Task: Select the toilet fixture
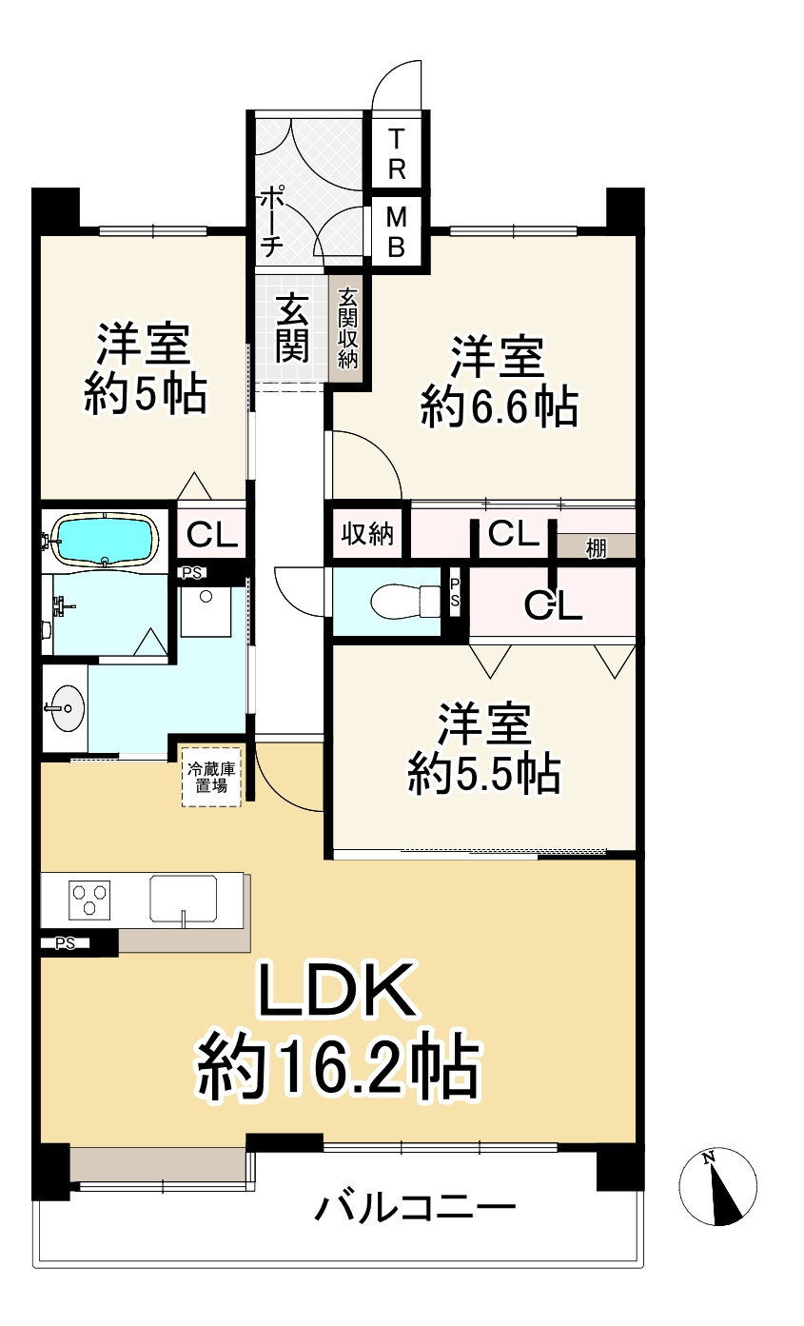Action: coord(399,601)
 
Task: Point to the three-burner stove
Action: coord(88,898)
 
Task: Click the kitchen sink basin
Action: coord(183,898)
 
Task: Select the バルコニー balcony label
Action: coord(416,1211)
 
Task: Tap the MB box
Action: coord(397,233)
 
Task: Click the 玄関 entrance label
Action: coord(292,329)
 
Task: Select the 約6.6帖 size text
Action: coord(498,408)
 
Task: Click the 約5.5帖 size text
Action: coord(483,775)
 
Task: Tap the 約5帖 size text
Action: coord(145,394)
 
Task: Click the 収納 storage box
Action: coord(367,535)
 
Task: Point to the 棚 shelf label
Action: coord(596,547)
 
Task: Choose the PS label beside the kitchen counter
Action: coord(65,943)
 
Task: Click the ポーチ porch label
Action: coord(271,221)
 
